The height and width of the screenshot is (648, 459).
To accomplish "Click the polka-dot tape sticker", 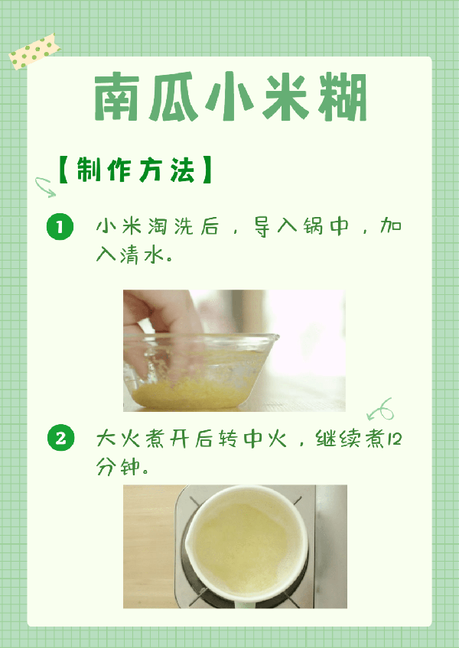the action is (x=34, y=51).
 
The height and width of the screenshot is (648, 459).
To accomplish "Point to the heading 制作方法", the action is (x=135, y=170).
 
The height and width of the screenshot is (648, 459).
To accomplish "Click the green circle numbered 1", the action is (x=60, y=227).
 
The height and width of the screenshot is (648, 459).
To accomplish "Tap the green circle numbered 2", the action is (x=60, y=438).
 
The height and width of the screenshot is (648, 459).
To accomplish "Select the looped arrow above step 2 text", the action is (x=380, y=409).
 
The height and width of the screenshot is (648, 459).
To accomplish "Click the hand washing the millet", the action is (x=159, y=326).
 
